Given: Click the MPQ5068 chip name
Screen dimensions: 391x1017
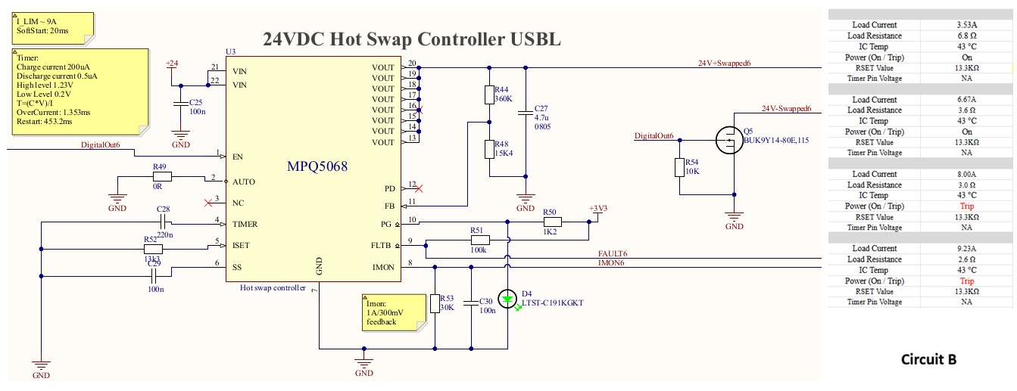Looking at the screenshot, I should (x=316, y=166).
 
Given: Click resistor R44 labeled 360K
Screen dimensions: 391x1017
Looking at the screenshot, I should (x=489, y=95).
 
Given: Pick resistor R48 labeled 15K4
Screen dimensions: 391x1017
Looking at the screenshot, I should (x=489, y=149).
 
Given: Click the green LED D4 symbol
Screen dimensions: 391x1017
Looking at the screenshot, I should (x=508, y=298).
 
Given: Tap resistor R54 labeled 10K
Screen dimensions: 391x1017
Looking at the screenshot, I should (x=679, y=168).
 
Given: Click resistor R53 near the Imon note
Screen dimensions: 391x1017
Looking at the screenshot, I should (x=435, y=303).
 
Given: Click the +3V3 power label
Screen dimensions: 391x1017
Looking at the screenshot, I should (x=597, y=208).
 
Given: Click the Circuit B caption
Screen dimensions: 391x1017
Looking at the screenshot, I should (x=928, y=359).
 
